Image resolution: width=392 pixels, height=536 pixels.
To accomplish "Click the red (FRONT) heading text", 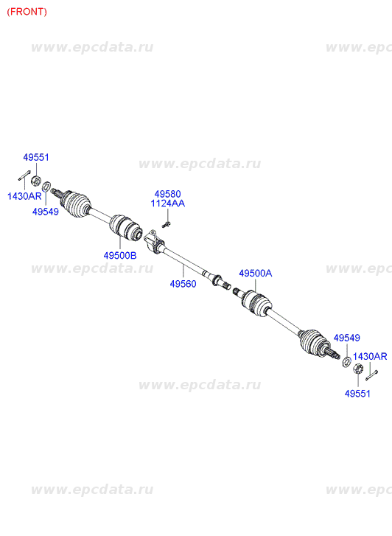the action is coord(27,12).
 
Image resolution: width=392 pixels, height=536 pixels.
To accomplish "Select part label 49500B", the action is coord(120,255).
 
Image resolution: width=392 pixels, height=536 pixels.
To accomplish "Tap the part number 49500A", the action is coord(255,273).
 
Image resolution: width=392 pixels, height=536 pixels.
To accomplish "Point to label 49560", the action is coord(183,284).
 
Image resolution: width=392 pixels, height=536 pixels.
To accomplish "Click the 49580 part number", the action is coord(167,194).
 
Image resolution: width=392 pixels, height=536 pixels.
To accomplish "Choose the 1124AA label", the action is coord(168,203).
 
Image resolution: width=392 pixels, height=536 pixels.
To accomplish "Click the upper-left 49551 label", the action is coord(36,157).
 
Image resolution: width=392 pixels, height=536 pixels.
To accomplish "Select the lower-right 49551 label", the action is coord(357,394).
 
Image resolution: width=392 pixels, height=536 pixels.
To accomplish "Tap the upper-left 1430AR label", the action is coord(24,196).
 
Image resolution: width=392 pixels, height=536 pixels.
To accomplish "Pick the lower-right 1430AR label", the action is coord(370,357).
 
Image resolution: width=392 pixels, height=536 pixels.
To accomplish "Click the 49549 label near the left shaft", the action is coord(46,212).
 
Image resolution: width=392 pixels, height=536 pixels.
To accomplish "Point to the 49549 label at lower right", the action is coord(347,338).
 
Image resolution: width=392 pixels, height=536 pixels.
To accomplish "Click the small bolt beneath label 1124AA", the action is coord(166,225).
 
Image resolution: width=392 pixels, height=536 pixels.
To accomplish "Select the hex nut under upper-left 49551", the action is coord(36,181).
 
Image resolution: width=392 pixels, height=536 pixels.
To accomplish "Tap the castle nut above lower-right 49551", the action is coord(357,369).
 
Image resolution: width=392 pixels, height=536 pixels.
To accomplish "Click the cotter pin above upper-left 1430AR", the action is coord(24,175).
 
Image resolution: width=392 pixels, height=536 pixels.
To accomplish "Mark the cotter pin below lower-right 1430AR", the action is coord(371,375).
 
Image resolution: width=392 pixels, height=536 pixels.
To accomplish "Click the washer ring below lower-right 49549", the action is coord(346,362).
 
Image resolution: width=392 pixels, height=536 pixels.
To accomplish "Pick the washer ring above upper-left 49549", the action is coord(46,187).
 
